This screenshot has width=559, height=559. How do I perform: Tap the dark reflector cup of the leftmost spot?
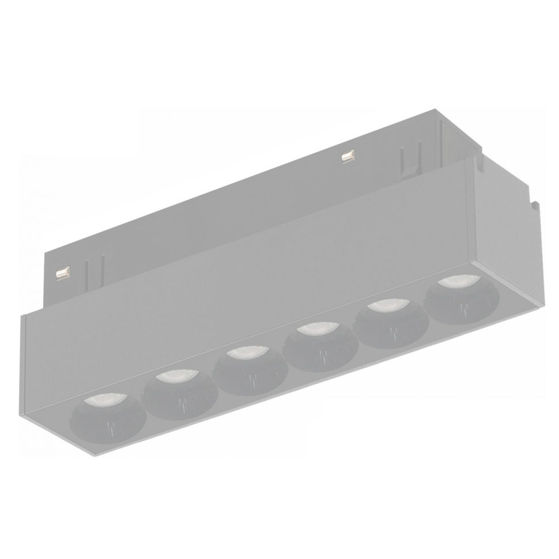(x=104, y=424)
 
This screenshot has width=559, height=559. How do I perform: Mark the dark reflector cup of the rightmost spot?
(x=461, y=305)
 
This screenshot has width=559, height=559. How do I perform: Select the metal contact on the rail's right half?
(x=347, y=156)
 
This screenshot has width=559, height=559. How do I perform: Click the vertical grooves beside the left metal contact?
(x=86, y=271)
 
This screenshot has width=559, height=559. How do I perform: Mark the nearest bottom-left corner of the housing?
(x=92, y=455)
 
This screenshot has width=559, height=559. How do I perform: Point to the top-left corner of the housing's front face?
(x=23, y=315)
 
